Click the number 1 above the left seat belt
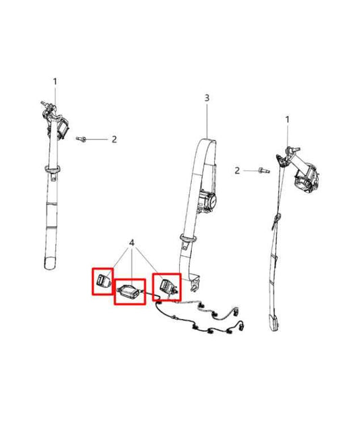[55, 82]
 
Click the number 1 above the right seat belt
[287, 120]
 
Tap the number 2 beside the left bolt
[114, 139]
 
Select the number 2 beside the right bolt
[237, 170]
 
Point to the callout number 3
[207, 98]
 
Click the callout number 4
[132, 243]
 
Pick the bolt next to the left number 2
[81, 139]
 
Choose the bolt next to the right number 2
[264, 170]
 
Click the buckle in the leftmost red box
[103, 281]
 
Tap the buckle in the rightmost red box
[168, 286]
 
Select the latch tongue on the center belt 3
[188, 241]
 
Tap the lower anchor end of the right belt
[274, 322]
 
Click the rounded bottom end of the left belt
[50, 263]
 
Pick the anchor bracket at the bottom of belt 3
[195, 283]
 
